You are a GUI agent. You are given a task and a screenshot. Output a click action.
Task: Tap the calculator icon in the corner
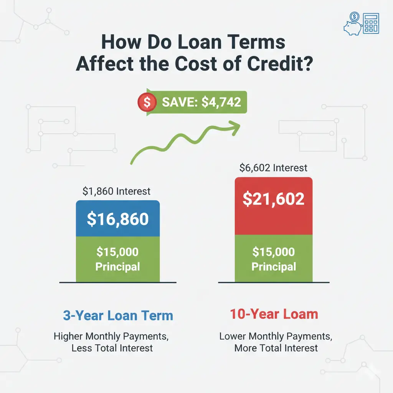370,23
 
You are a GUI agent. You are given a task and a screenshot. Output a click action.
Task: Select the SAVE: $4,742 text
201,102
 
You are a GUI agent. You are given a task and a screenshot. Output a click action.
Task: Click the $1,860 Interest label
116,191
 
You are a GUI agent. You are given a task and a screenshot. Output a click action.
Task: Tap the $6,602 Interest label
273,168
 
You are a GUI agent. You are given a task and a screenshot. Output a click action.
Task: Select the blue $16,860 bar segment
118,218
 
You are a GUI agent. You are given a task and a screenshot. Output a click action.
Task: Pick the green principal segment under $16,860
118,259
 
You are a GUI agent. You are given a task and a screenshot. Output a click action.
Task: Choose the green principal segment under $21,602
274,259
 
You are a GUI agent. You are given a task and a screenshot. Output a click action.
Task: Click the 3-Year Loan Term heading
118,316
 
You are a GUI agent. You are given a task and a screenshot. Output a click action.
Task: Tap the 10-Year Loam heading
274,314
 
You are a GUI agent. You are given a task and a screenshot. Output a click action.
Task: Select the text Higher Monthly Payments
111,337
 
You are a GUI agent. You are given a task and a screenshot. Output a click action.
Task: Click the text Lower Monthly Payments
276,337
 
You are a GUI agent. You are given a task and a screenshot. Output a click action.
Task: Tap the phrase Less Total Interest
112,348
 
